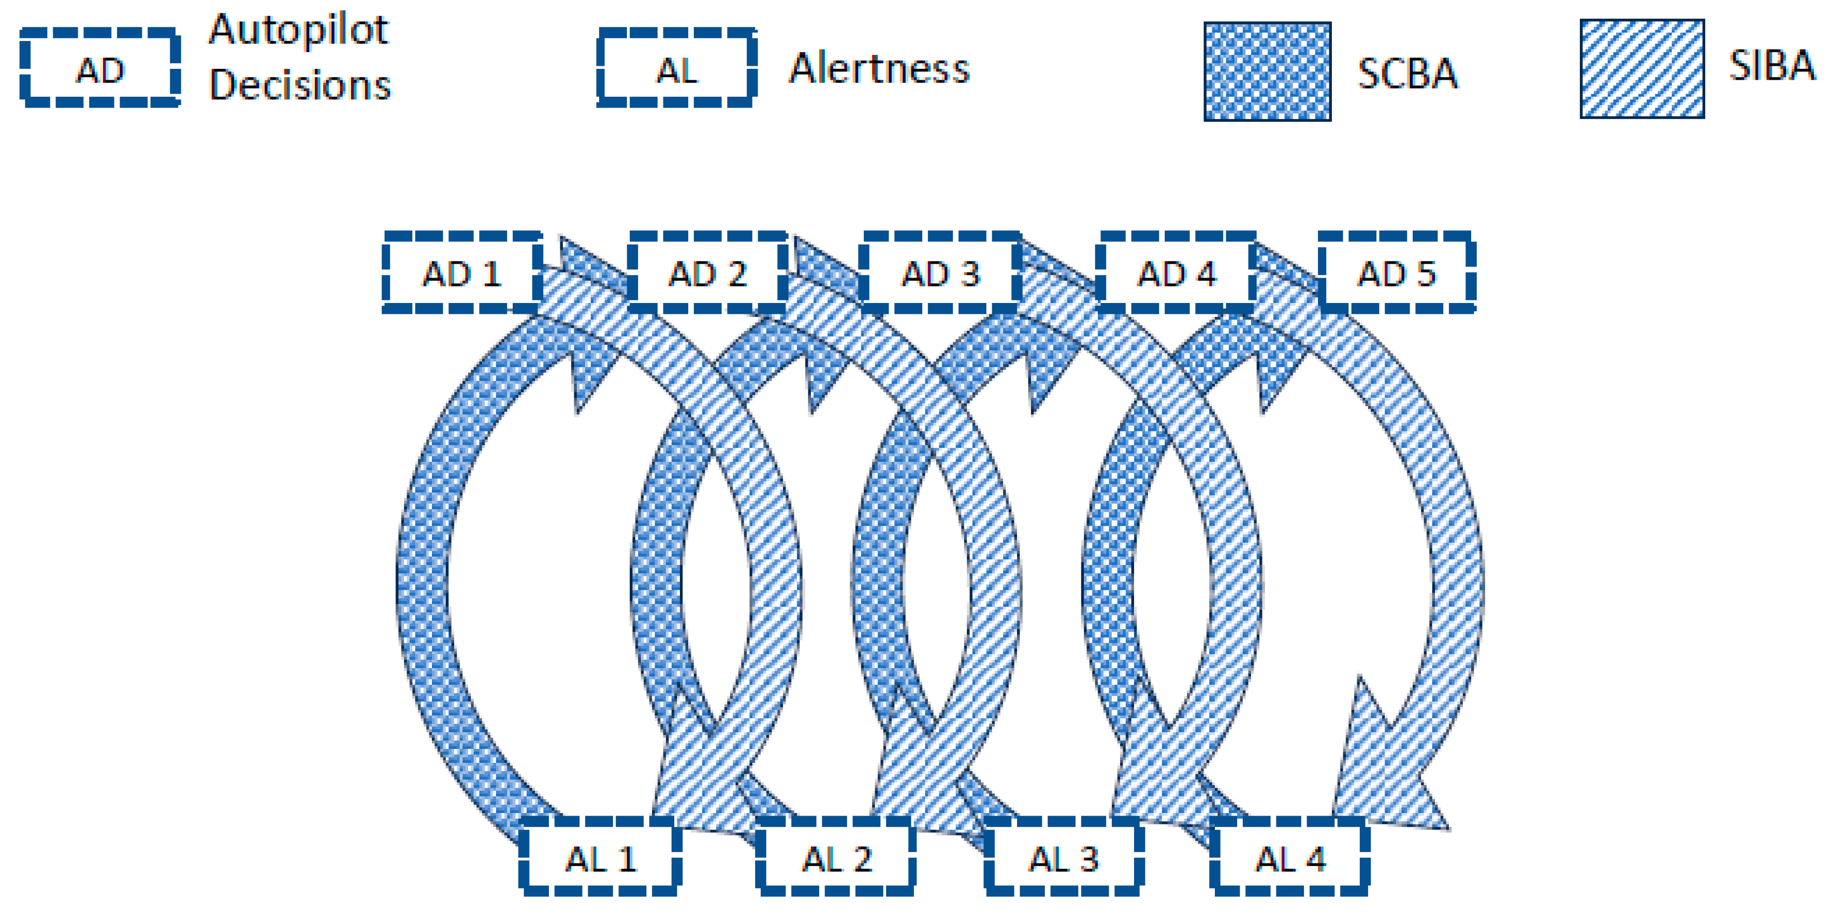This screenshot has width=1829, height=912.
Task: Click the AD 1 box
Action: click(462, 273)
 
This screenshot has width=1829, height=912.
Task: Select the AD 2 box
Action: click(708, 273)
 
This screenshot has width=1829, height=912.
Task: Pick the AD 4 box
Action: click(1177, 273)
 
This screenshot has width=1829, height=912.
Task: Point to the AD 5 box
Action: click(1397, 273)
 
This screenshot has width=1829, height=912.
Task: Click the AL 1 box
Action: click(601, 857)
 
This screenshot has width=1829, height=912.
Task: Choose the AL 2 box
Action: click(836, 857)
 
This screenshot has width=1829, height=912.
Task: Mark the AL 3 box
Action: click(1064, 857)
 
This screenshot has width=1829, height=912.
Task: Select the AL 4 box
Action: click(1290, 857)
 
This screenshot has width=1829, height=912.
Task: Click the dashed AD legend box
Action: click(100, 69)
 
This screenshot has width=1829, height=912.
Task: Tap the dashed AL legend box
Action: click(677, 69)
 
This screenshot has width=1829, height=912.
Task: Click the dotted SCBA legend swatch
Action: click(1267, 71)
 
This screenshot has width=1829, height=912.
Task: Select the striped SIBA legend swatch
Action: click(1642, 68)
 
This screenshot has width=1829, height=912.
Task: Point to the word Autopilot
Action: click(299, 31)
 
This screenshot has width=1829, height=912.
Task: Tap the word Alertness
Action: click(879, 68)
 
